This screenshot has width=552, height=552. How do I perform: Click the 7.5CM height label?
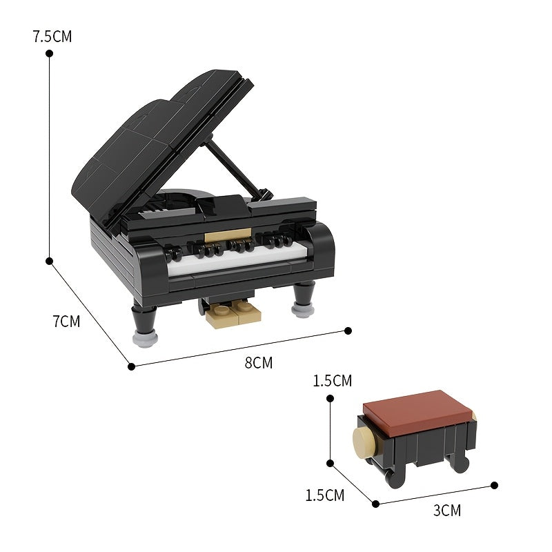[52, 37]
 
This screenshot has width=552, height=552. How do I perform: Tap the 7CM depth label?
[66, 321]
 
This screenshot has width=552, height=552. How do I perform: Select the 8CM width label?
[258, 362]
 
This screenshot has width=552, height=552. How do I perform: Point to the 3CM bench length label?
[447, 511]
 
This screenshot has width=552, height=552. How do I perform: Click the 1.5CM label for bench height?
[332, 381]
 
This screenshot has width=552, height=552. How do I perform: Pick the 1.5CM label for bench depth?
[324, 495]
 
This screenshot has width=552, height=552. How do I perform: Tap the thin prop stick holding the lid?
[235, 166]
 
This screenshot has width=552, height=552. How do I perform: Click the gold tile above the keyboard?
[235, 235]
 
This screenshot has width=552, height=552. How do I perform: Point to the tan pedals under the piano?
[235, 315]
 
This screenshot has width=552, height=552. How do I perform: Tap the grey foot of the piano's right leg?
[302, 309]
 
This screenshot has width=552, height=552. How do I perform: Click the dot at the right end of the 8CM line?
[348, 331]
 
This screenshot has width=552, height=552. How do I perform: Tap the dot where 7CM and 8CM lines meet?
[131, 366]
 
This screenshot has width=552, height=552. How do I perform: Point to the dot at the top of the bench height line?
[331, 398]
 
